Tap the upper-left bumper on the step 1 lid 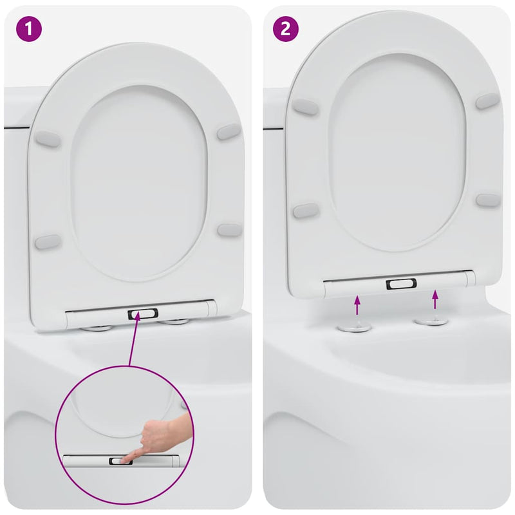point(47,138)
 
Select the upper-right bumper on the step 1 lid point(229,131)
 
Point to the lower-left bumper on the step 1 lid point(48,242)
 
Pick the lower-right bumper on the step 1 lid point(229,230)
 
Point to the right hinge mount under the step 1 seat point(174,321)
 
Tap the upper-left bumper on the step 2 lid point(305,108)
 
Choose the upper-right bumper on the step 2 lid point(487,100)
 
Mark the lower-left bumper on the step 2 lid point(306,211)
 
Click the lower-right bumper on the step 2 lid point(487,200)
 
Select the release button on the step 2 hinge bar point(402,284)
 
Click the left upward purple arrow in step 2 point(358,304)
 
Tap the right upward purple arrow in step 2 point(435,299)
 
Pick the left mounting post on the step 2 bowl point(355,326)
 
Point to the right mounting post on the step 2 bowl point(431,319)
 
